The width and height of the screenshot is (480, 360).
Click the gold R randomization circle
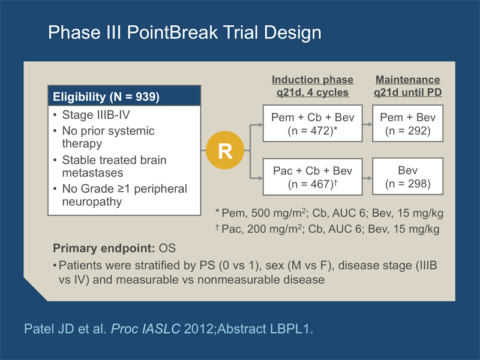[225, 150]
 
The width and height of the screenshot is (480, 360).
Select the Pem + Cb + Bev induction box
[313, 124]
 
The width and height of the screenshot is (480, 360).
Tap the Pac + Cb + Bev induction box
[313, 176]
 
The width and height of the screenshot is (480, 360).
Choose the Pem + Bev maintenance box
[408, 124]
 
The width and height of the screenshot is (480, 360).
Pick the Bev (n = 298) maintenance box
[408, 176]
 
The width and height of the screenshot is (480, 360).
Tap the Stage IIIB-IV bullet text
[96, 115]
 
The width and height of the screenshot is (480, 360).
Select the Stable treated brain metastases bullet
[114, 166]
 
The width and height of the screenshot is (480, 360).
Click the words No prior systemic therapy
[109, 137]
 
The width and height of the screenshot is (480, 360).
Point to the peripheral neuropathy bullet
[125, 195]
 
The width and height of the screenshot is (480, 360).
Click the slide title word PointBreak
[172, 32]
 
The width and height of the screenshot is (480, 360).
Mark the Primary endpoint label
[104, 248]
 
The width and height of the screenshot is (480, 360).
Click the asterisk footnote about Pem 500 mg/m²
[329, 213]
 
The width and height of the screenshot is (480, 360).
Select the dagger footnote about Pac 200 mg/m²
[327, 229]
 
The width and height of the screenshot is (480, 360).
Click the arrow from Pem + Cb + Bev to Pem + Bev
[367, 124]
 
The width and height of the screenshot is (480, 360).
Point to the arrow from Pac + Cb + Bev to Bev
[367, 178]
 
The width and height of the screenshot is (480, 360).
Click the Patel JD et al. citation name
[65, 329]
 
